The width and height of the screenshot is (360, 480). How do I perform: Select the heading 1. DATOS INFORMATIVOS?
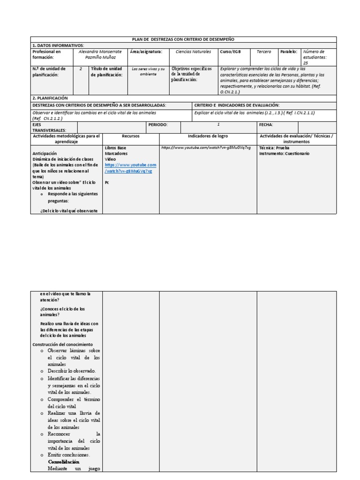click(x=58, y=45)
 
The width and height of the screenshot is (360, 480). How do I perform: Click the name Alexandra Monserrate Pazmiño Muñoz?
click(x=101, y=54)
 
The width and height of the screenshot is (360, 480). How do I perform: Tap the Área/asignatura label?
click(x=146, y=52)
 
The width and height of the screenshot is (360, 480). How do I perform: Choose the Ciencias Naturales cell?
click(x=193, y=52)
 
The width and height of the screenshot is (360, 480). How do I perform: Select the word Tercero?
click(x=264, y=52)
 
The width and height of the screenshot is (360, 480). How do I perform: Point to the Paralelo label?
click(x=289, y=52)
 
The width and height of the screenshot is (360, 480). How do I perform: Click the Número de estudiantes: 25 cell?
click(x=319, y=57)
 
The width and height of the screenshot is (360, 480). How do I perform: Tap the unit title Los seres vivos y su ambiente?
click(x=148, y=72)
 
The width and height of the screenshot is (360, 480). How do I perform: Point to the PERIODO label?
click(x=157, y=125)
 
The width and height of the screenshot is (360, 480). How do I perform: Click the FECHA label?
click(x=266, y=125)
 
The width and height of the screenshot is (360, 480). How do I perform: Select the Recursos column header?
click(x=131, y=136)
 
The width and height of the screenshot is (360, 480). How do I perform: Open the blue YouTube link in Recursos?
click(x=130, y=168)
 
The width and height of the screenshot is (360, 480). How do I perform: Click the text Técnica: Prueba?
click(x=274, y=148)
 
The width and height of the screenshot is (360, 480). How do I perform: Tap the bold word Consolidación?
click(x=63, y=462)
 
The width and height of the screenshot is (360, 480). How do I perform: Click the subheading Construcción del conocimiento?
click(x=62, y=345)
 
